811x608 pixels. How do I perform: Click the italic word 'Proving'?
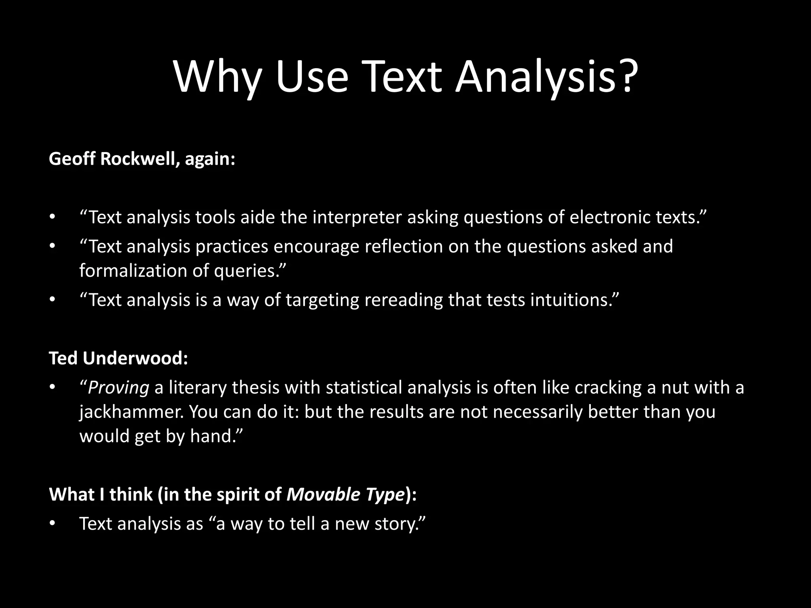coord(118,387)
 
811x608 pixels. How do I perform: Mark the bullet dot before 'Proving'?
coord(51,388)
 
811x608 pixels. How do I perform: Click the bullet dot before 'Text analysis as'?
coord(51,524)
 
